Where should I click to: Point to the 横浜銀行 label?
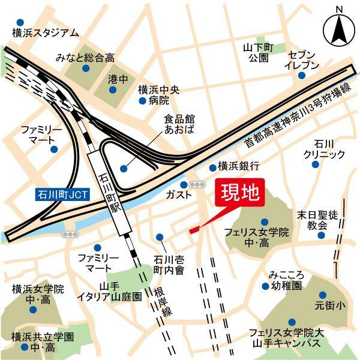click(238, 166)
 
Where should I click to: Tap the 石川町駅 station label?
click(111, 192)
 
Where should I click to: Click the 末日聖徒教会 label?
click(317, 220)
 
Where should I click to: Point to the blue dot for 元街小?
click(323, 295)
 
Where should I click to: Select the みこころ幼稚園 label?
click(287, 280)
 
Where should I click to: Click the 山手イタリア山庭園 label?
click(112, 291)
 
